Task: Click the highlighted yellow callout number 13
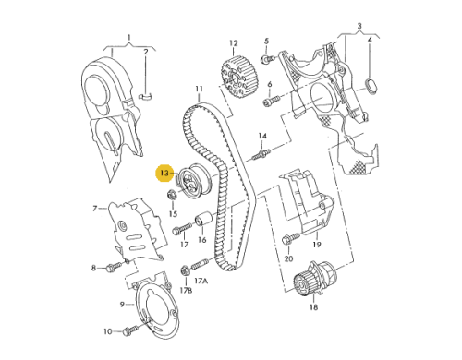coord(165,172)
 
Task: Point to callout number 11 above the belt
coord(198,90)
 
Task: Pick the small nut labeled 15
coord(172,195)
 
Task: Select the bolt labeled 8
coord(112,268)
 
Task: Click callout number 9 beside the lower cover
coord(121,304)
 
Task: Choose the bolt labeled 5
coord(265,60)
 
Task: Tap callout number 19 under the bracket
coord(315,245)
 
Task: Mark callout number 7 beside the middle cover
coord(94,209)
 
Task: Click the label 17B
coord(186,291)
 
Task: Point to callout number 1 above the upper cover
coord(130,39)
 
